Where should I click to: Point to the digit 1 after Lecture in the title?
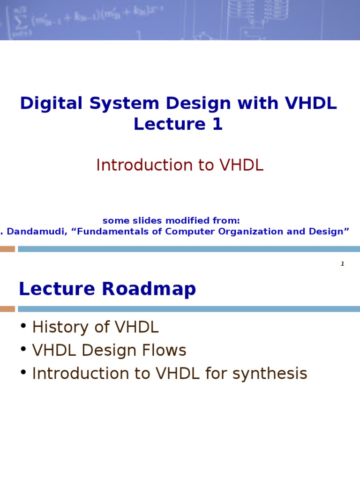pos(217,124)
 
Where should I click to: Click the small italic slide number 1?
pos(342,264)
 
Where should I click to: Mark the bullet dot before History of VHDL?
pos(23,326)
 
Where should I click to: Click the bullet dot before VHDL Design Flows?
pos(23,349)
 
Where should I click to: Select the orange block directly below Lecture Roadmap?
pos(7,309)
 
